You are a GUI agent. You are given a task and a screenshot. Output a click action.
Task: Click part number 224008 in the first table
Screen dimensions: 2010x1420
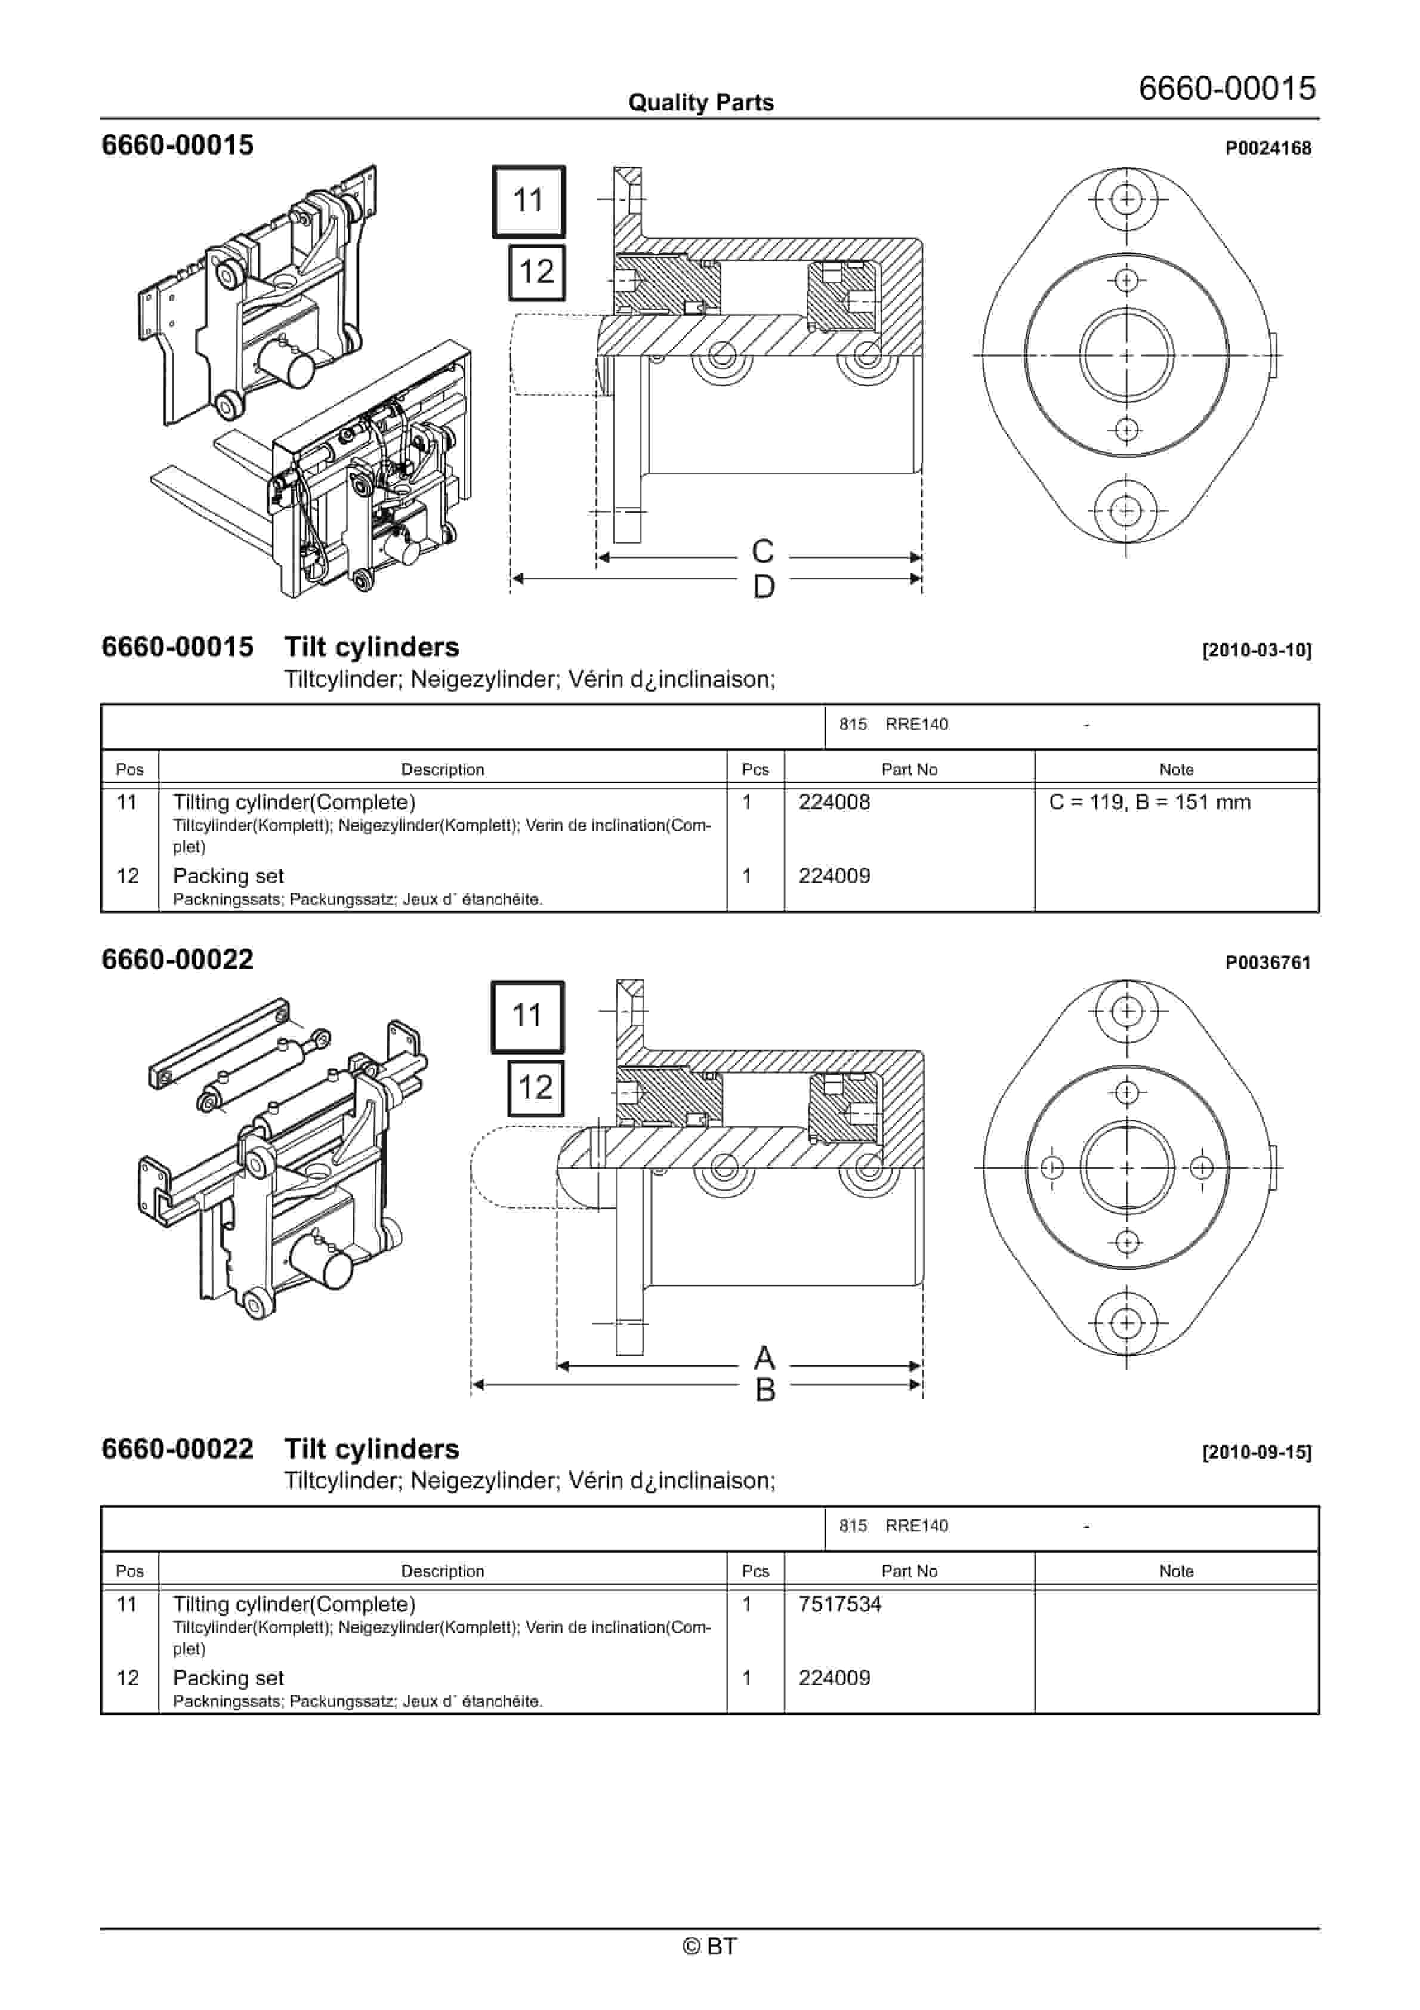pos(834,802)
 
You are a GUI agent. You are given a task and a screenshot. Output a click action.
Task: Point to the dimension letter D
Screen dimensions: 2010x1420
pos(764,587)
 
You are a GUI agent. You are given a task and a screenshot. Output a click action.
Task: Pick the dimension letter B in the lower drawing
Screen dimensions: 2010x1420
pos(764,1390)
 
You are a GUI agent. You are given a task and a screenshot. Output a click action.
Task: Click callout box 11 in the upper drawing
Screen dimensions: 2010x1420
pos(528,201)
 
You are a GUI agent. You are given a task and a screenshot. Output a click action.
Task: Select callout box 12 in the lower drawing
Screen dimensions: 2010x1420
pos(535,1087)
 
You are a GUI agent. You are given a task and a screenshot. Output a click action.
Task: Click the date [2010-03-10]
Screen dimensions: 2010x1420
pos(1257,651)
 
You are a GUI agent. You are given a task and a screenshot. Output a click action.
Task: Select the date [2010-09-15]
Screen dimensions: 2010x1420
pos(1257,1453)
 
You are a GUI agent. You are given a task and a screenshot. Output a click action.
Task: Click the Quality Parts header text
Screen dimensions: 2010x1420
pos(700,103)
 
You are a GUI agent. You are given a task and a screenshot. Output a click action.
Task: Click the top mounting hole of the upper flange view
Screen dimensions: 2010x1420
pos(1126,199)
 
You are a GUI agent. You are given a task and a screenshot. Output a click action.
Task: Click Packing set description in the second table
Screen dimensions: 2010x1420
pos(228,1678)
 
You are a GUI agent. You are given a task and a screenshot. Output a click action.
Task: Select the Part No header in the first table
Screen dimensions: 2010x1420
pos(908,769)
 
